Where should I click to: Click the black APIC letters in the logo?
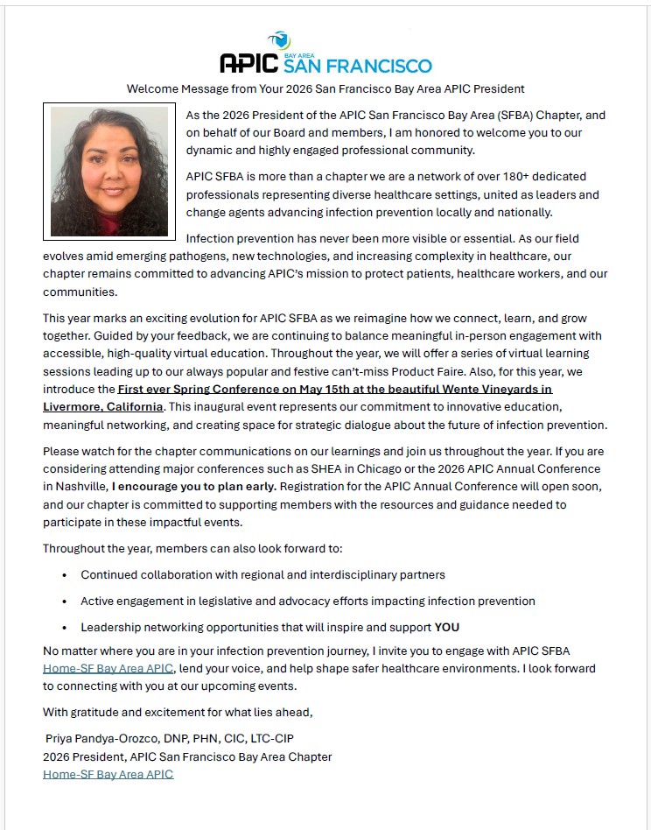pos(248,63)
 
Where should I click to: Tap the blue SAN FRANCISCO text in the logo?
pos(357,67)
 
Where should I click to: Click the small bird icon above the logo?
pos(279,39)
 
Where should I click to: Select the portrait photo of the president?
pos(109,171)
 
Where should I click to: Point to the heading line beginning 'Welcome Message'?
pos(325,89)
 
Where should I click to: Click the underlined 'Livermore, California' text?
pos(103,407)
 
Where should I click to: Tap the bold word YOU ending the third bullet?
pos(447,627)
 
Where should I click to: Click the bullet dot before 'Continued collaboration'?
pos(65,575)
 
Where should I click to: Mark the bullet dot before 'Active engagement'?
pos(65,601)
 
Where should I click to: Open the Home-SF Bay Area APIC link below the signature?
pos(108,774)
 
